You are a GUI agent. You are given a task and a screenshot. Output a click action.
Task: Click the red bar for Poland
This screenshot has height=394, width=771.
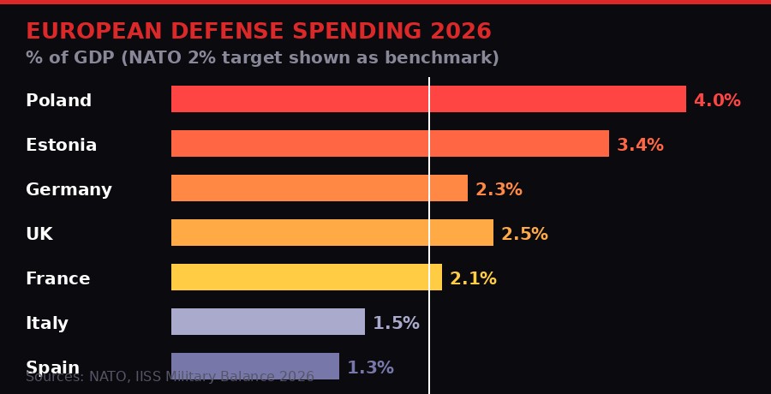point(428,99)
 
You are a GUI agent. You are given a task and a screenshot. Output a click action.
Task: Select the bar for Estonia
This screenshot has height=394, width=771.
point(390,144)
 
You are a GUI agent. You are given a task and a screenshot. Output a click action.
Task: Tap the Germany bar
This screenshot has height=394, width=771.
point(320,188)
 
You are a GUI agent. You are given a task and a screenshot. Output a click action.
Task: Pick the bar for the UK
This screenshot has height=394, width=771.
point(332,233)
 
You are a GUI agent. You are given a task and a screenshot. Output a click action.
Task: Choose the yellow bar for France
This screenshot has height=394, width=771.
point(307,278)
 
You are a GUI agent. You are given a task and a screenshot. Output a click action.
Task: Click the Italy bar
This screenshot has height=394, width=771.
point(268,322)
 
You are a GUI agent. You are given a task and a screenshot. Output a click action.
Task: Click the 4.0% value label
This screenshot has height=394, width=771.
point(717,101)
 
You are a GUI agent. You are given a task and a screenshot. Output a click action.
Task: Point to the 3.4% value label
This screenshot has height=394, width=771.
point(640,146)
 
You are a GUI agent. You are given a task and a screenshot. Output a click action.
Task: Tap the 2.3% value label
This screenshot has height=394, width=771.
point(499,190)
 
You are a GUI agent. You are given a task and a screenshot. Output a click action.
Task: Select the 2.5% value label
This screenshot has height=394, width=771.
point(524,235)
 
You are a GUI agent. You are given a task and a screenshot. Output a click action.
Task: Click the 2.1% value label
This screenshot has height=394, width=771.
point(473,279)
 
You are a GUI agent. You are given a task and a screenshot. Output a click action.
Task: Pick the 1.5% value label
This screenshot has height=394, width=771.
point(396,324)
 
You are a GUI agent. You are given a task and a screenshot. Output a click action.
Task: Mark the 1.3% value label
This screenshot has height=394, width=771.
point(370,368)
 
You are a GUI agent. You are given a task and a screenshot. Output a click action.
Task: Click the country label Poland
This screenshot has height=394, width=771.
point(58,101)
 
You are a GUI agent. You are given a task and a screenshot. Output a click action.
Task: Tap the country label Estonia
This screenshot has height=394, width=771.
point(61,146)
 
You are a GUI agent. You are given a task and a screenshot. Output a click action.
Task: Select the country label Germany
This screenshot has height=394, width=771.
point(69,190)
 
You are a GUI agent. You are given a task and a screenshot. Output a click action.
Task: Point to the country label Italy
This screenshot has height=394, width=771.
point(47,324)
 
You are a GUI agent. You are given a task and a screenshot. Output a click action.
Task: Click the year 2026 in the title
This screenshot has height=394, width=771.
point(460,32)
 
